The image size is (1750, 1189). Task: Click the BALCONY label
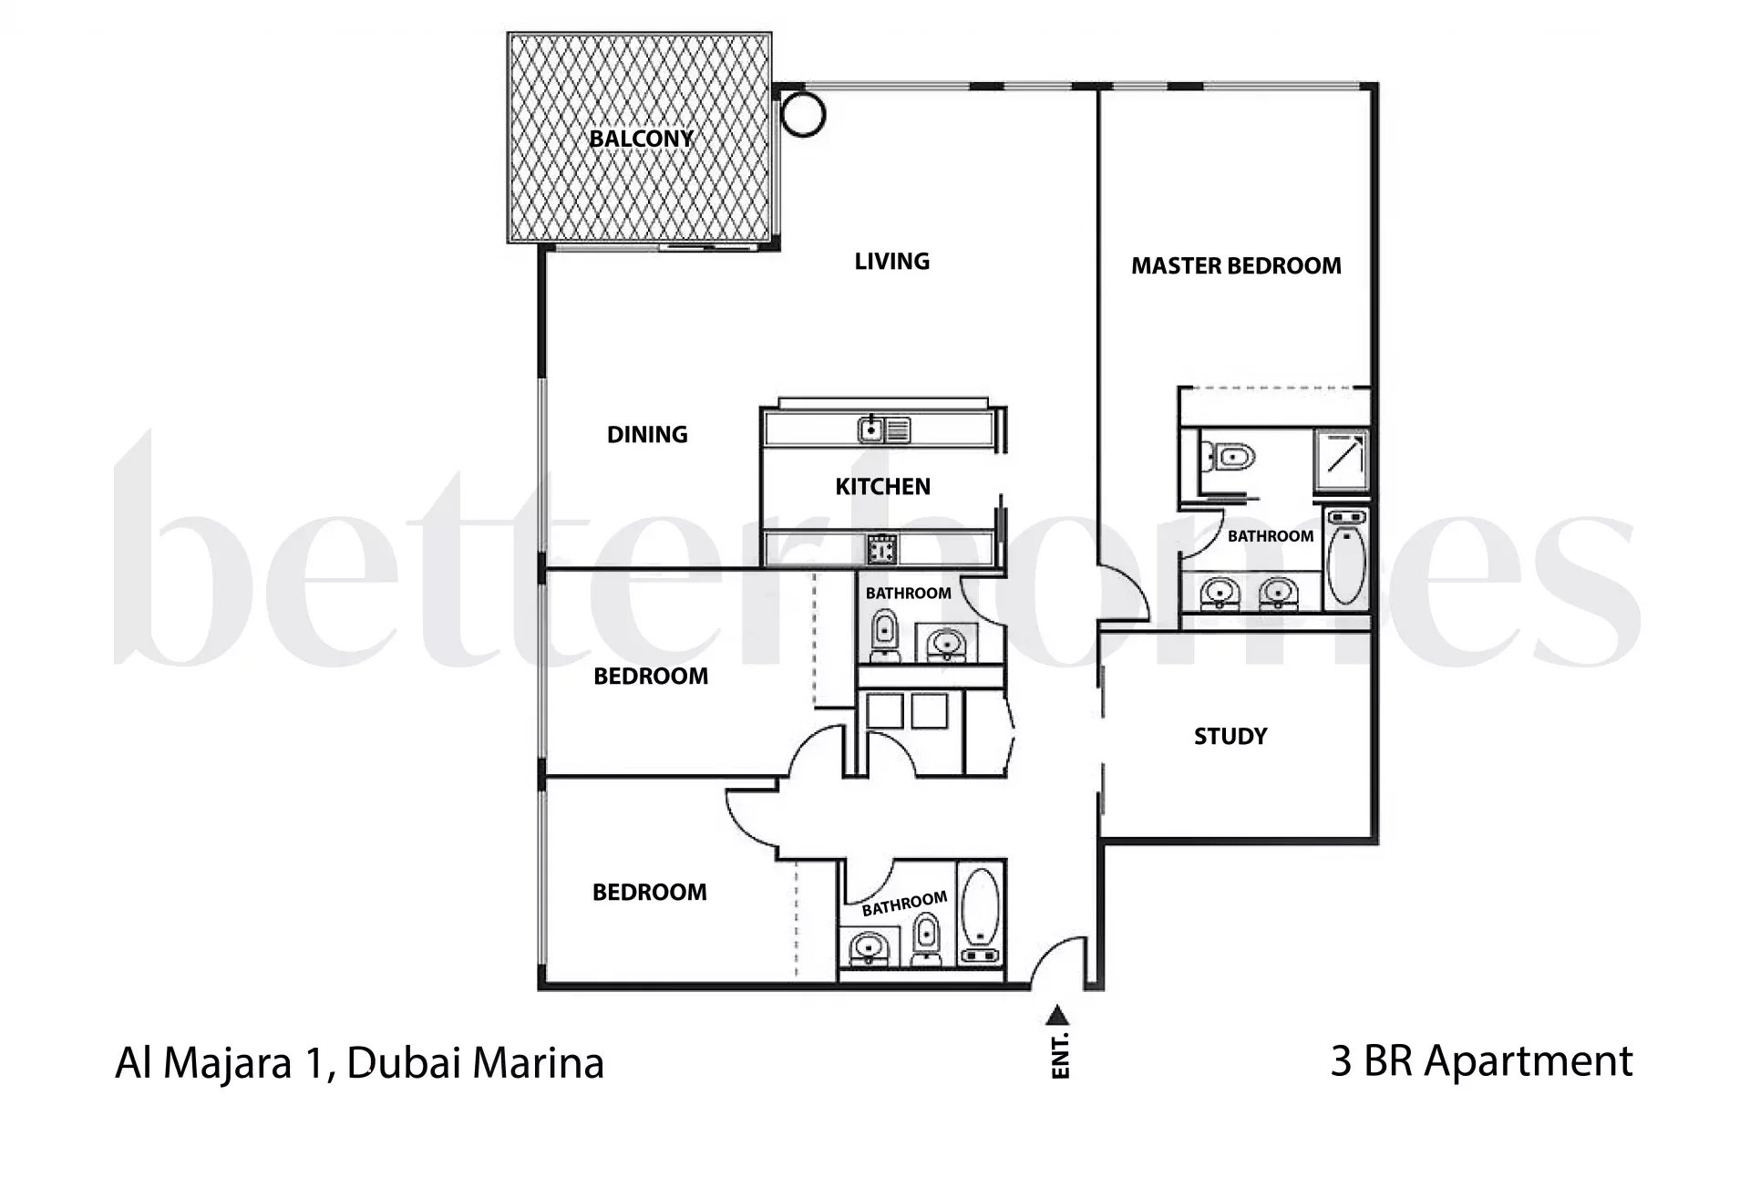[641, 139]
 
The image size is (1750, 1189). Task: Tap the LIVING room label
[891, 262]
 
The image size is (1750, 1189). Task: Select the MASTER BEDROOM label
[1236, 266]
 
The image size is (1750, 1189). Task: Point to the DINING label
[647, 435]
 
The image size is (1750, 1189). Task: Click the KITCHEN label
[882, 487]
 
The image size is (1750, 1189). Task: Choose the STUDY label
[1230, 737]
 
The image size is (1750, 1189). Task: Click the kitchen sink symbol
[883, 429]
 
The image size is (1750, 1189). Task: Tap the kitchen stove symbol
[881, 549]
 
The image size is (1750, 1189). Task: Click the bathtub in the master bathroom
[1344, 559]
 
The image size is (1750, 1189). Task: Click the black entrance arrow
[1057, 1014]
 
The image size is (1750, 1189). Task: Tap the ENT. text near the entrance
[1060, 1057]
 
